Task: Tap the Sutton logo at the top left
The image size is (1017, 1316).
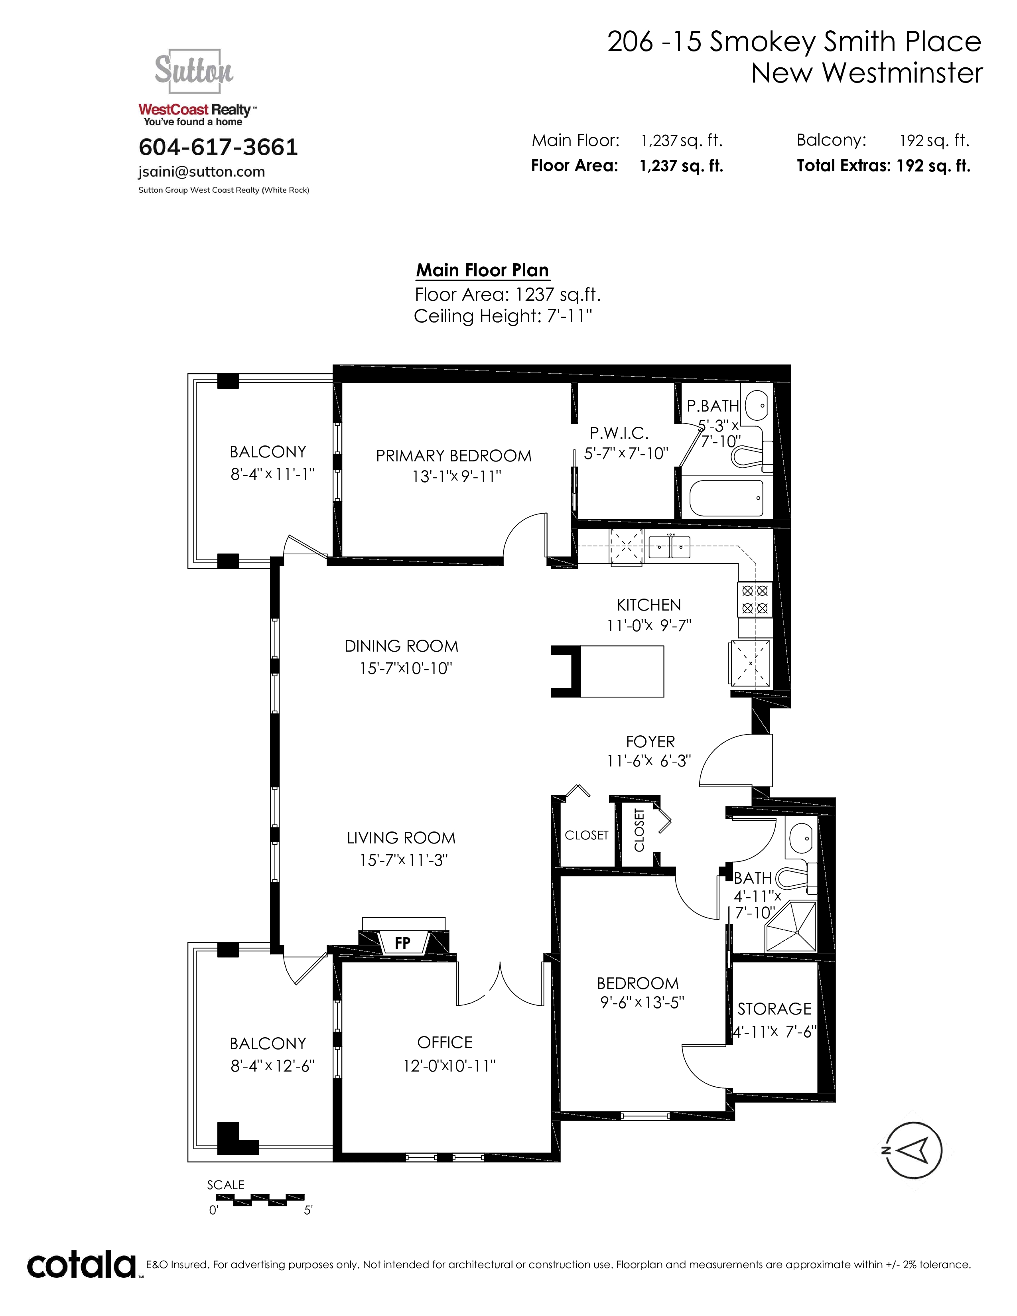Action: (194, 71)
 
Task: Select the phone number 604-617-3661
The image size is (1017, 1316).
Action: (218, 147)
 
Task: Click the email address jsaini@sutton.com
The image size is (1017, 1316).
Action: (201, 172)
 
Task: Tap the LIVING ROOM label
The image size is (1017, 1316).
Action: (401, 837)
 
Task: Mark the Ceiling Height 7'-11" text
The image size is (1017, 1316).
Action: (503, 316)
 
